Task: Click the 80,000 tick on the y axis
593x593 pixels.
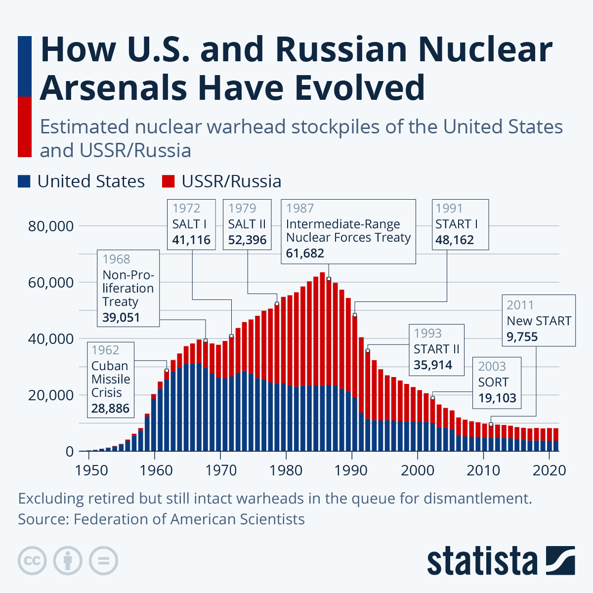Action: [x=51, y=226]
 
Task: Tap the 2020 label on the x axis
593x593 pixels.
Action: [x=549, y=469]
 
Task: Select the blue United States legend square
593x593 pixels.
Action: [x=24, y=181]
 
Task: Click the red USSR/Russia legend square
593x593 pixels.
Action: [x=168, y=181]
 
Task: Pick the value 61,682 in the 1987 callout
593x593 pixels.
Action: [x=305, y=253]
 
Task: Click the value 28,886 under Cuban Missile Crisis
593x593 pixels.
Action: [x=110, y=408]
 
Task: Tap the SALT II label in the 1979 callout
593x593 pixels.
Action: [x=247, y=224]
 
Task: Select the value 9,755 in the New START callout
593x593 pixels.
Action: [x=522, y=337]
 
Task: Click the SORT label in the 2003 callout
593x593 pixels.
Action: [x=493, y=382]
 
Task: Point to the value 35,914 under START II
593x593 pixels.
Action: [x=433, y=365]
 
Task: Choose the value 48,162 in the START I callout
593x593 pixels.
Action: [x=454, y=240]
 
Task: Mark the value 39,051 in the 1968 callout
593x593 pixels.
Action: [x=121, y=317]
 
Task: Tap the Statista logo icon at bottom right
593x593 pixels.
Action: [x=560, y=560]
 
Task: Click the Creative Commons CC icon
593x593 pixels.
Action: [x=32, y=561]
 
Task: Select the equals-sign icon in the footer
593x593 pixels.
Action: [x=103, y=561]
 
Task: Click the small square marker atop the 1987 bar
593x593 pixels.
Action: [x=329, y=279]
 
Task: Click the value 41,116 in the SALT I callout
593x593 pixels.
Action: [x=191, y=240]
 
